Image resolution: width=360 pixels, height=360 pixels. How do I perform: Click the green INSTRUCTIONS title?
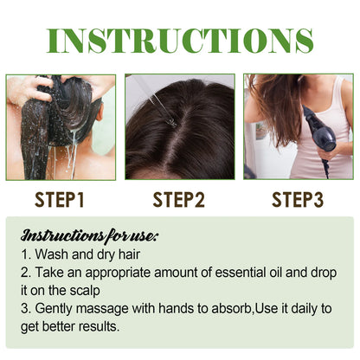point(180,40)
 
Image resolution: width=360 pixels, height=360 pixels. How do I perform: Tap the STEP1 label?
point(60,200)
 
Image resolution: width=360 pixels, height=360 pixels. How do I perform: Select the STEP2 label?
point(179,200)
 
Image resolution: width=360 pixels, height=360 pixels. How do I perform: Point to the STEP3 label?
point(298,200)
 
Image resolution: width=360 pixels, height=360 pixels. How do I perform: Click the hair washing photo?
point(61,126)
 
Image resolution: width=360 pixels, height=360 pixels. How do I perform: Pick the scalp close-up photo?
point(179,126)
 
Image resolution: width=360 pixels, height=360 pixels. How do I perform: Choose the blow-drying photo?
point(299,126)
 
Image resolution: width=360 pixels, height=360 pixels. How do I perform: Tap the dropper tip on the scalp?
point(171,121)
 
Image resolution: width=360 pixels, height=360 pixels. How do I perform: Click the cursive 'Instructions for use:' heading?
point(78,235)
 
